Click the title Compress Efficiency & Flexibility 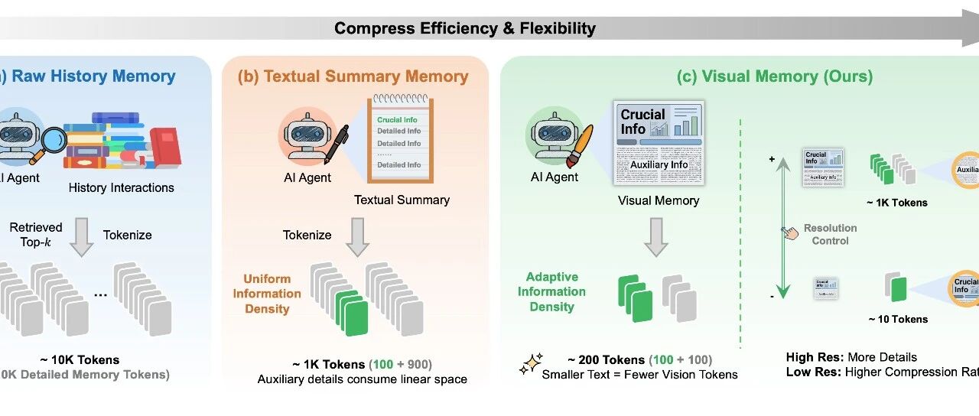coord(465,29)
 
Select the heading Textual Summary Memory coord(353,76)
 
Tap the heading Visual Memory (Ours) coord(776,76)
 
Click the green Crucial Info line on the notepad coord(397,120)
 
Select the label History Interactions coord(121,187)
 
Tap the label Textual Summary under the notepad coord(402,200)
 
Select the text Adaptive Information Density coord(551,292)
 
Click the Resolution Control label coord(830,234)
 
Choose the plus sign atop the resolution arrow coord(772,158)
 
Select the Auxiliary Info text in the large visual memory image coord(659,164)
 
